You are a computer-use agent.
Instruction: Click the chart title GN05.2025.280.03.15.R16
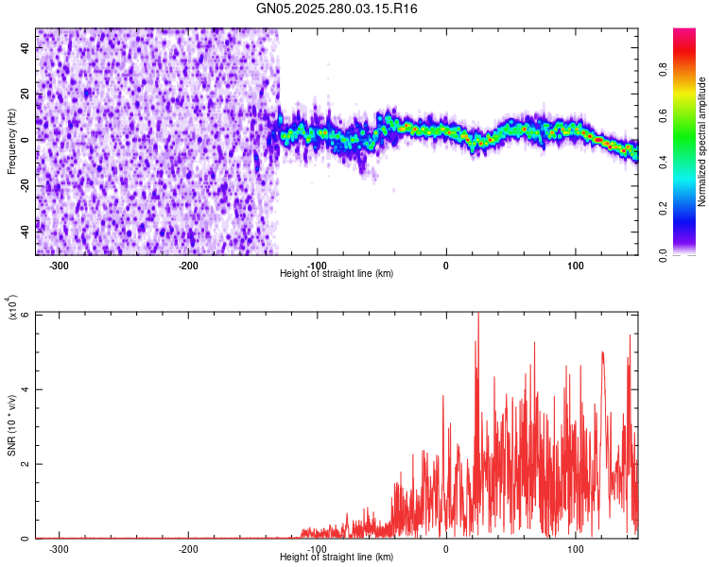click(337, 9)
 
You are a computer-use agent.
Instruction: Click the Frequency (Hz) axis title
click(11, 142)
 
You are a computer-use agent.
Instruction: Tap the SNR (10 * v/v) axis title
click(11, 425)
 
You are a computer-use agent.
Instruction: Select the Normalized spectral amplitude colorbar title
click(702, 142)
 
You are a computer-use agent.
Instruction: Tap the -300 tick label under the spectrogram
click(59, 266)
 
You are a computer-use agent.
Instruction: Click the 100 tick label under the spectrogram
click(575, 266)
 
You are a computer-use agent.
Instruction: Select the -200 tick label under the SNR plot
click(188, 549)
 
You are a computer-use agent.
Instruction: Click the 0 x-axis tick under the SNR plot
click(445, 549)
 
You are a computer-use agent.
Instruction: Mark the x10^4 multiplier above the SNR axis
click(13, 308)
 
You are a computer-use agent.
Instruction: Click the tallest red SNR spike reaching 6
click(478, 316)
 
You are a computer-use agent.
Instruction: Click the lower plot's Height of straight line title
click(337, 558)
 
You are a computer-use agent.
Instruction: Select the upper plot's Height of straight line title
click(337, 274)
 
